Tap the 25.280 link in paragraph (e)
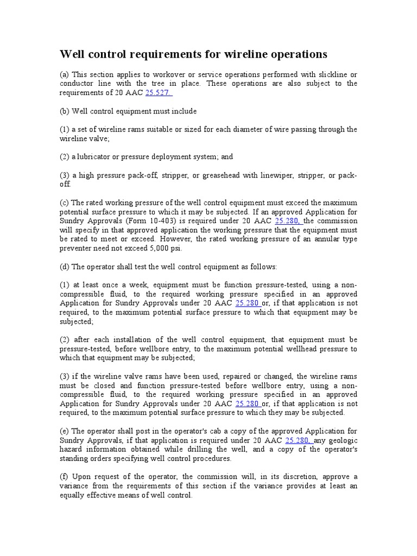point(297,440)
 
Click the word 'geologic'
point(342,440)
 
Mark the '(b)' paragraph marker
point(64,111)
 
